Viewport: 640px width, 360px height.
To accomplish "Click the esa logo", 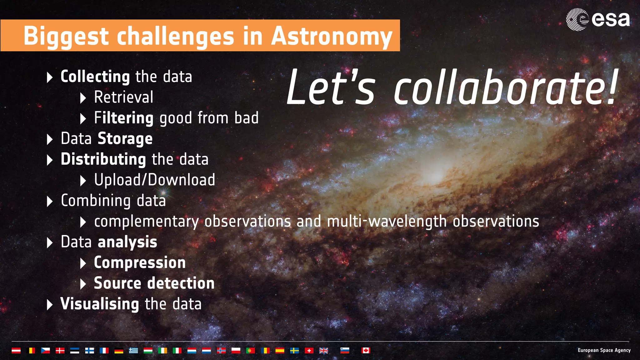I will (597, 19).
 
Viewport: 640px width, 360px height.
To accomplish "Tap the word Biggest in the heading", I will (66, 36).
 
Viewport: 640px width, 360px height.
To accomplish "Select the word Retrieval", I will (123, 97).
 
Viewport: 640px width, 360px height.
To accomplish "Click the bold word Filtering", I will (123, 118).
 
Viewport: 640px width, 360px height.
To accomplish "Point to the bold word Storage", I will (125, 139).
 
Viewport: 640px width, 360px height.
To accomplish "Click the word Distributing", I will (103, 159).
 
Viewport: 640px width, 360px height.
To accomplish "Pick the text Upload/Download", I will (154, 180).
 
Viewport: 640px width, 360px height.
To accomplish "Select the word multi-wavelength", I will (387, 222).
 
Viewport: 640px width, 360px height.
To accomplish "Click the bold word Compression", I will (140, 262).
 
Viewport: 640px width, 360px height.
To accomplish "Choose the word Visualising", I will (100, 304).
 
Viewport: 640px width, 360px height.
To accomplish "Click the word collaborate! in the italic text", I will (505, 88).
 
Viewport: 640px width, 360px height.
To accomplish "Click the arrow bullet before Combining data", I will (49, 201).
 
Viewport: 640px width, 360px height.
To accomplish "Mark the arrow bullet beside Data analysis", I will (49, 243).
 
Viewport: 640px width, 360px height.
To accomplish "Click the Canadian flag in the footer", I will (366, 350).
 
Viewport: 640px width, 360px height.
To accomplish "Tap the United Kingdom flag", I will (323, 351).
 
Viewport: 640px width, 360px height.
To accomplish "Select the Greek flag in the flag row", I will (133, 351).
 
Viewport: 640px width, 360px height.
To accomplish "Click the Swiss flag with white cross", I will (309, 351).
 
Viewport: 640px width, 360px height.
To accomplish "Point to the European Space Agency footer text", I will (604, 350).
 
